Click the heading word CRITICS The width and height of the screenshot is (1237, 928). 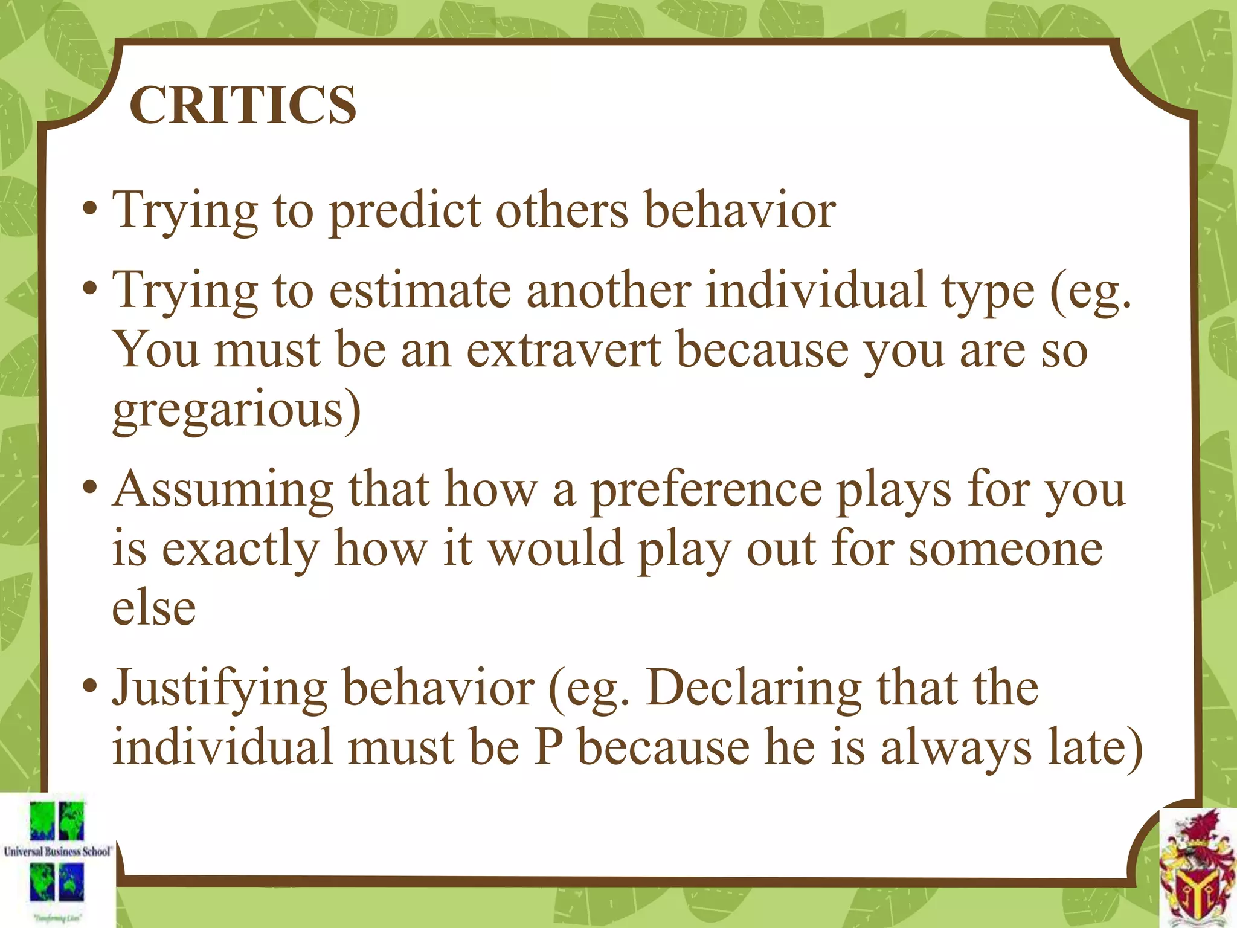click(x=243, y=105)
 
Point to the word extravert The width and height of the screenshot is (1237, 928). click(x=564, y=350)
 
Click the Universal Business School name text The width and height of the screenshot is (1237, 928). click(x=57, y=852)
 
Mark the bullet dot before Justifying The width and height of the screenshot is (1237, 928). click(x=90, y=686)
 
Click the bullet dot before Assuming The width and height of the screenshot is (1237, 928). click(x=90, y=487)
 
